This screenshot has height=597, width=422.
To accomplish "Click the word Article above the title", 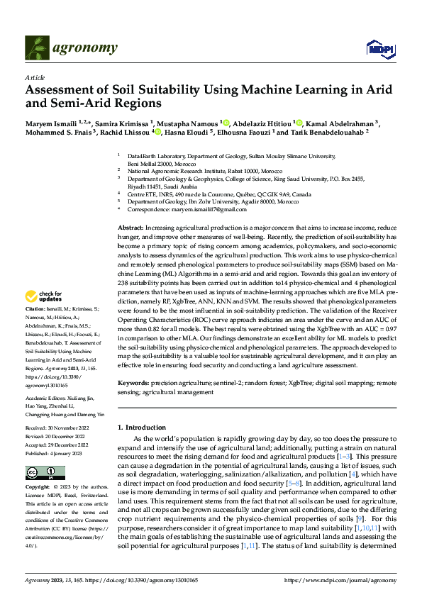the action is [x=34, y=78].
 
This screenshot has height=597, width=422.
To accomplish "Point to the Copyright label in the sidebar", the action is [x=38, y=488].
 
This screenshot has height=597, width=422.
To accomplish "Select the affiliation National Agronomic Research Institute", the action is [x=184, y=171].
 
